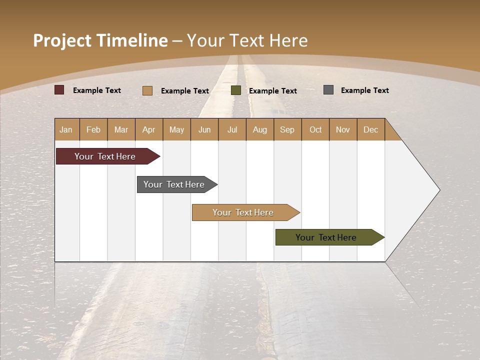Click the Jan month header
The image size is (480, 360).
[66, 129]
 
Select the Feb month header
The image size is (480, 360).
[93, 129]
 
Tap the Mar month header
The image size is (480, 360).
[121, 129]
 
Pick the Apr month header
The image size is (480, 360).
[149, 129]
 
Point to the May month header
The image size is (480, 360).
[176, 129]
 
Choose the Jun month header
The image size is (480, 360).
[204, 129]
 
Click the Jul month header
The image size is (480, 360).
[232, 129]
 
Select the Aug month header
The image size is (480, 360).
[260, 129]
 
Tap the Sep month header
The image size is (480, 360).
[287, 129]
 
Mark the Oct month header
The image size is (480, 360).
[315, 129]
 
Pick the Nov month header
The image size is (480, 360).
[343, 129]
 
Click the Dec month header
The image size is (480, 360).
[371, 129]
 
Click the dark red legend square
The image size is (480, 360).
[59, 90]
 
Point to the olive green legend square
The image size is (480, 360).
[236, 90]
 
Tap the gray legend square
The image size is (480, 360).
[328, 90]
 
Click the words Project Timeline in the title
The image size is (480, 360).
[100, 40]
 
